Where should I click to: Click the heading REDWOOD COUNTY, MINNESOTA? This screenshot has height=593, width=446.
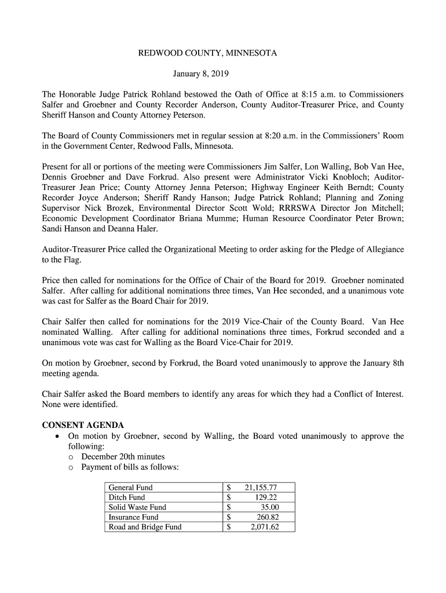[x=207, y=53]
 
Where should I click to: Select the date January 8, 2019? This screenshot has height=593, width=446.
[x=202, y=74]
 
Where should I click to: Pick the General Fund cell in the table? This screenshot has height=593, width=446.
[x=131, y=488]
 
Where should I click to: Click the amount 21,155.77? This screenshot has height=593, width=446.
[x=261, y=488]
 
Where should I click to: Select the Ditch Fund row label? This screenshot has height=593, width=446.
[x=127, y=497]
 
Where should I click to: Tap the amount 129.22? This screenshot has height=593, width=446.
[x=266, y=497]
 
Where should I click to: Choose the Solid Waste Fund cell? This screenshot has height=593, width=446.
[x=137, y=507]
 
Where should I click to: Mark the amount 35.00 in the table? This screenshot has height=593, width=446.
[x=269, y=507]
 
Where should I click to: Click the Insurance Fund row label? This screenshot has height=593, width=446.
[x=133, y=517]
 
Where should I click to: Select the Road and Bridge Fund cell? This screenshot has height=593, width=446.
[x=145, y=527]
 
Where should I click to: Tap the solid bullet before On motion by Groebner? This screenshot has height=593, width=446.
[x=55, y=436]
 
